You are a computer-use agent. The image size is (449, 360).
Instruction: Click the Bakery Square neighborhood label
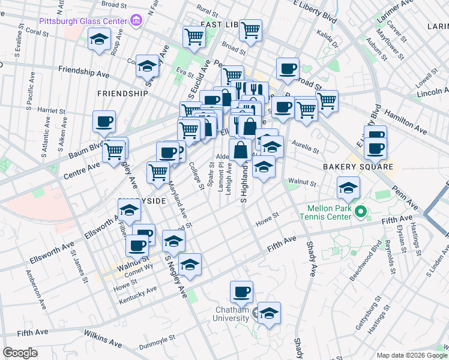click(358, 166)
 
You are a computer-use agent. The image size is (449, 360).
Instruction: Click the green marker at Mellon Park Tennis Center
click(361, 211)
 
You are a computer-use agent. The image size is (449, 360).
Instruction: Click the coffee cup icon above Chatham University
click(242, 292)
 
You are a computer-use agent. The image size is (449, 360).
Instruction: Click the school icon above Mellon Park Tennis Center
click(348, 188)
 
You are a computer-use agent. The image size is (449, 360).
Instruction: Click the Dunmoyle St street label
click(159, 346)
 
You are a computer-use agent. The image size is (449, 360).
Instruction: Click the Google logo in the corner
click(20, 353)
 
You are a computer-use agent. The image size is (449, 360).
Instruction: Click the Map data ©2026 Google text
click(411, 355)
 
